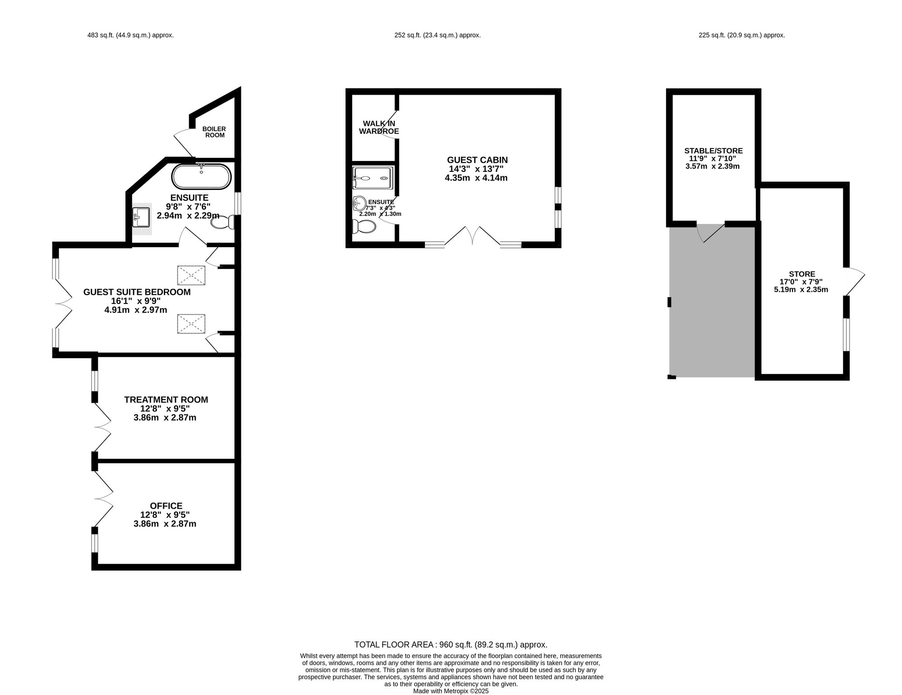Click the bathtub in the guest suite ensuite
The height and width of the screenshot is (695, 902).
coord(201,177)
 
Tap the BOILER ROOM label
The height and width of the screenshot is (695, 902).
coord(214,132)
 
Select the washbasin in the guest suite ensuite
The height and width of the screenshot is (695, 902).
coord(142,218)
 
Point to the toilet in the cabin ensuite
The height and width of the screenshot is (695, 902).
coord(364,226)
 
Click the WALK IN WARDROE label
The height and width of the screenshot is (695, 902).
coord(379,127)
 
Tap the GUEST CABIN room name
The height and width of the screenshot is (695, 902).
coord(477,160)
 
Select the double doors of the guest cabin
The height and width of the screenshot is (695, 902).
coord(472,236)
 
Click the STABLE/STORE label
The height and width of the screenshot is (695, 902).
coord(713,151)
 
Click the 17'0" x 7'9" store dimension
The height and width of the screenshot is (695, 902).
coord(801,282)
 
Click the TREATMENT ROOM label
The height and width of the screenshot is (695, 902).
coord(166,400)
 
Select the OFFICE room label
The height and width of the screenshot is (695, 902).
coord(166,506)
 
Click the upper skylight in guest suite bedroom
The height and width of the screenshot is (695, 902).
coord(191,275)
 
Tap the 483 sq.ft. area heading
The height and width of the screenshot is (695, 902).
coord(130,35)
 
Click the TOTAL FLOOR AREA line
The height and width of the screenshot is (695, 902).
coord(451,645)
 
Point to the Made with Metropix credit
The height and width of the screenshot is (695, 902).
coord(451,691)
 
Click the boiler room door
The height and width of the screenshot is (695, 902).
coord(183,143)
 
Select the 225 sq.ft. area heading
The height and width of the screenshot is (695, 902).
coord(741,35)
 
